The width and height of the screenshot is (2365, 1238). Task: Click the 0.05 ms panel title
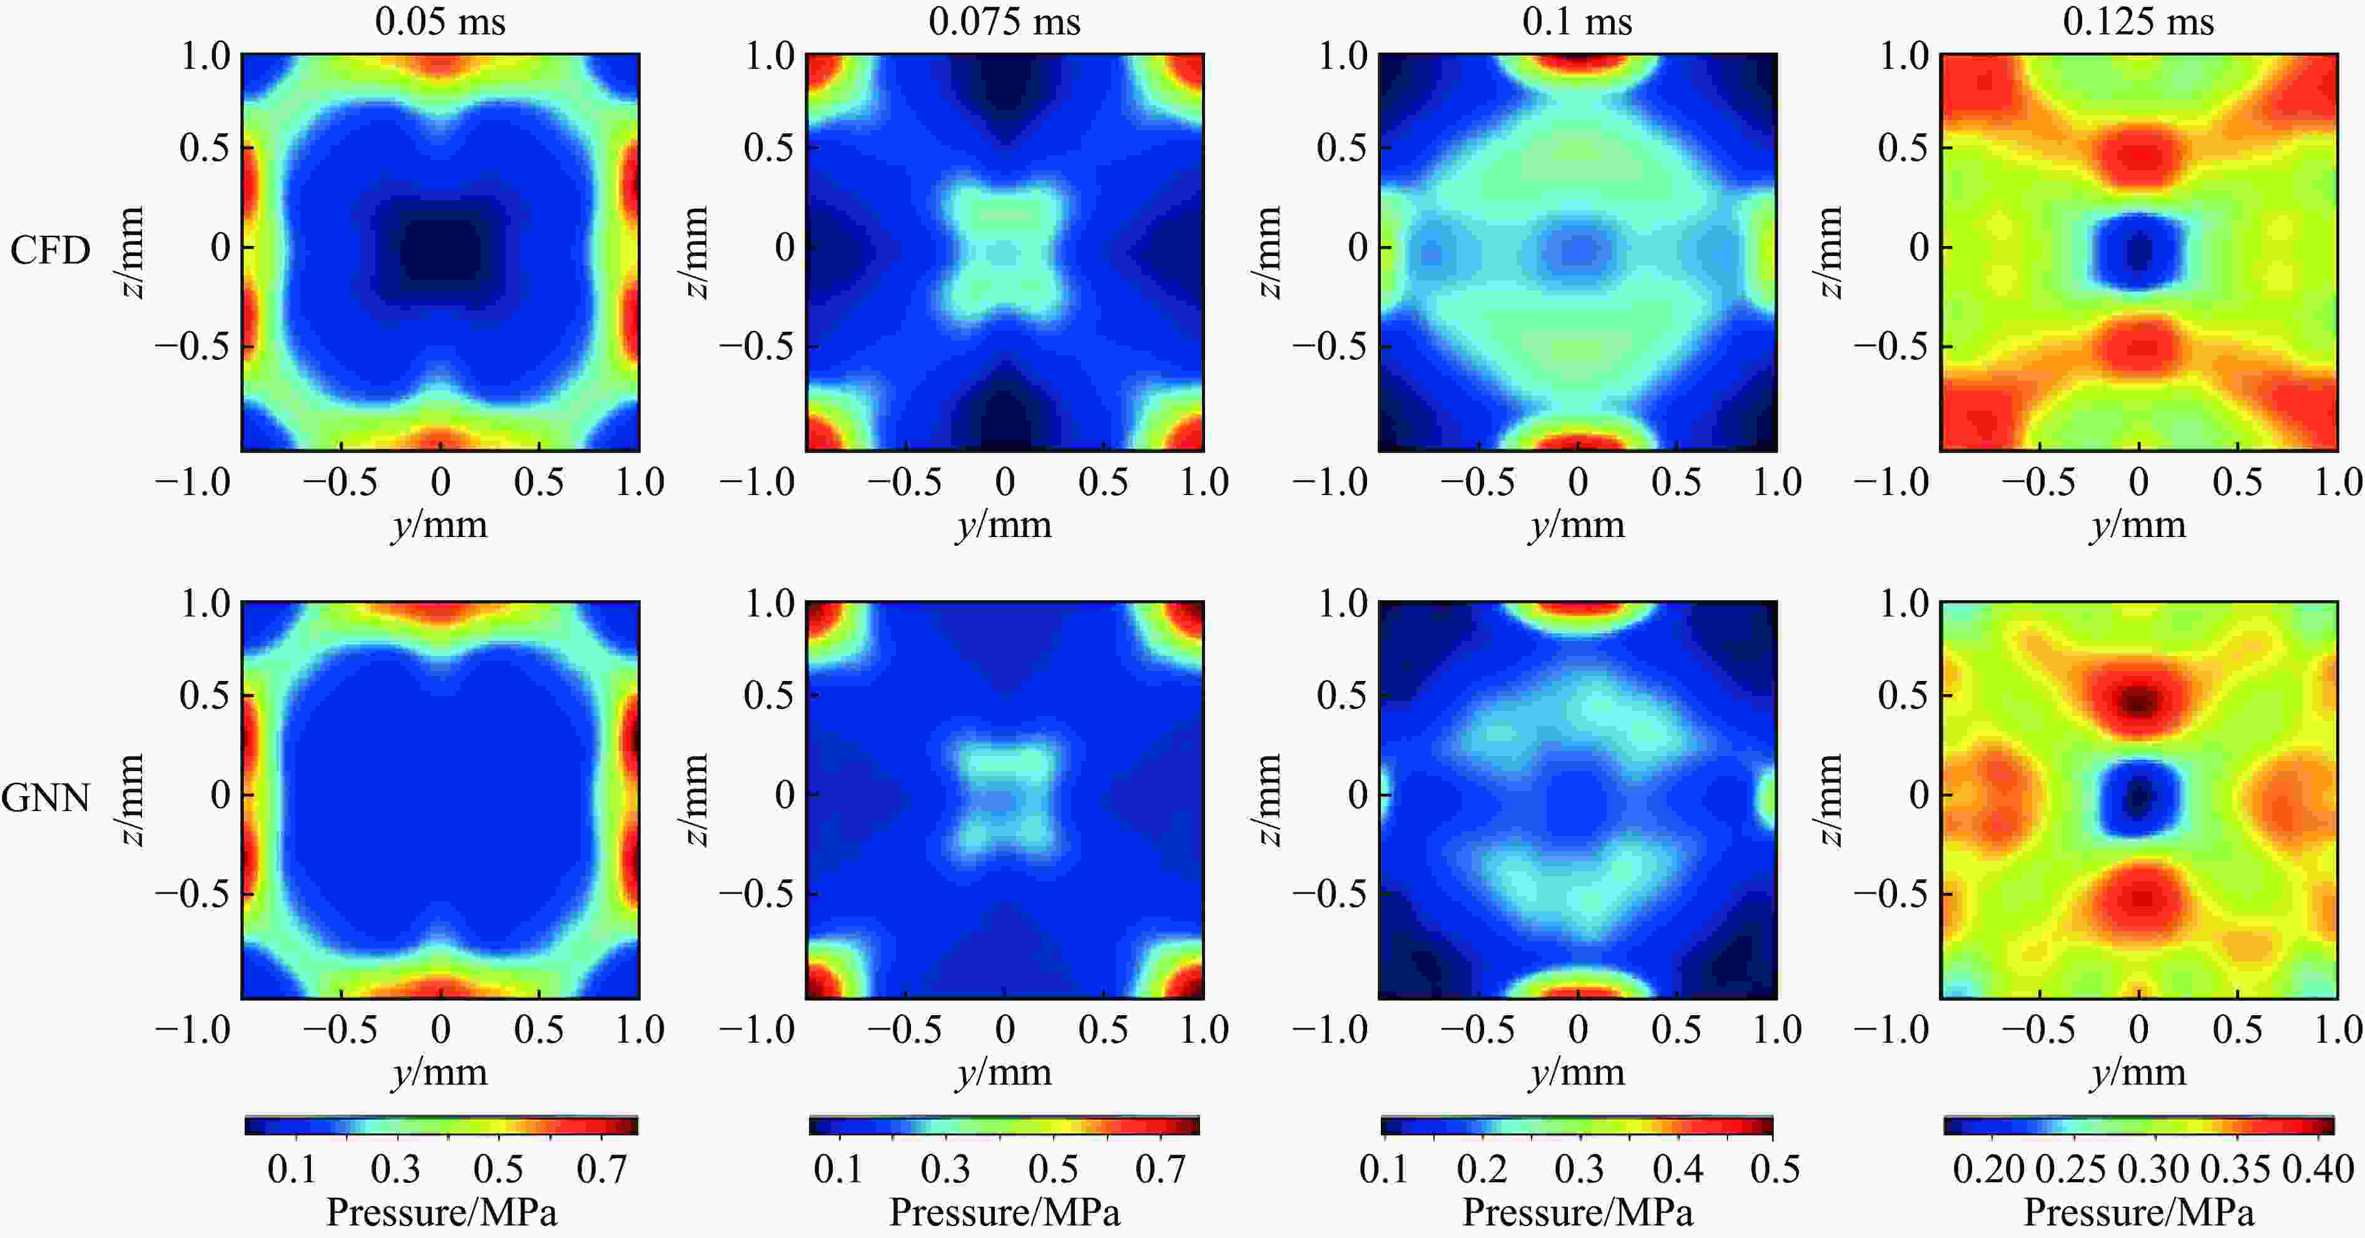coord(440,21)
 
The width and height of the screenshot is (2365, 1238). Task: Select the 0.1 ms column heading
coord(1577,21)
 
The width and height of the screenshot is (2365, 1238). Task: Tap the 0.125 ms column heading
coord(2139,21)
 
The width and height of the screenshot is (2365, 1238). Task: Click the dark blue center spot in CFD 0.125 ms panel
coord(2139,250)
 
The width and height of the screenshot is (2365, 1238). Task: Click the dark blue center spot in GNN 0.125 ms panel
coord(2139,795)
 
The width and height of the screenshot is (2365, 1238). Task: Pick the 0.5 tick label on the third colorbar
coord(1774,1169)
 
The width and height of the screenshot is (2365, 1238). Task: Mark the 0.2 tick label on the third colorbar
coord(1482,1169)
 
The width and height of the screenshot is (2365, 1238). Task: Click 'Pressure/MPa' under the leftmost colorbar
coord(442,1212)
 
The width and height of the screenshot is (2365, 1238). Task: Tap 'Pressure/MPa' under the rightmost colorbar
coord(2139,1212)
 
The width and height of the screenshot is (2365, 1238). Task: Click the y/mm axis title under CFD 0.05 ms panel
coord(440,525)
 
